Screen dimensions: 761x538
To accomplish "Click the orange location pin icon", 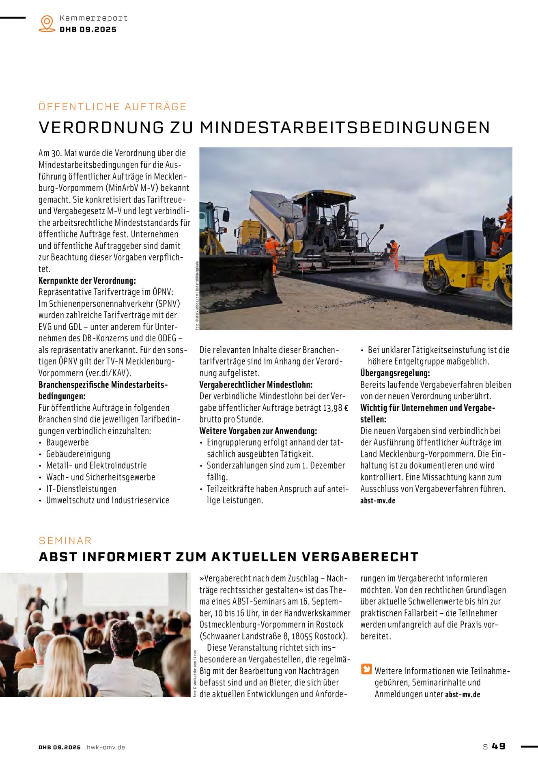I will pos(47,24).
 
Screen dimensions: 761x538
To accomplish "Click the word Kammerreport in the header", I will pos(93,18).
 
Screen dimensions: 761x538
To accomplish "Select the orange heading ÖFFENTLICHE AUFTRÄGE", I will pos(112,107).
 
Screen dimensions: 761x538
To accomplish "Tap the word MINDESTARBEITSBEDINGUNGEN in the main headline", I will pos(345,127).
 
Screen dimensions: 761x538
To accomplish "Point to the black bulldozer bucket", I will pos(239,280).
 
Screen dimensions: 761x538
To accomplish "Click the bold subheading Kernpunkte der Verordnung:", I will pos(87,280).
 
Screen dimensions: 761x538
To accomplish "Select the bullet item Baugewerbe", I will pos(67,442).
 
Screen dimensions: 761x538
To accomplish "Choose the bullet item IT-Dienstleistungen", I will pos(81,489).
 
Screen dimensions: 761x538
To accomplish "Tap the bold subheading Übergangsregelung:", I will pos(395,373).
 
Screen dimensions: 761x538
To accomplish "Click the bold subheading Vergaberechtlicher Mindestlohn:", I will pos(256,385).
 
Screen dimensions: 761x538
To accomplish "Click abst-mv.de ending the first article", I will pos(378,500).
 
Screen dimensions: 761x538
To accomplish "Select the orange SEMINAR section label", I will pos(65,541).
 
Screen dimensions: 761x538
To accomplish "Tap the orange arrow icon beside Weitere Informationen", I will pos(366,669).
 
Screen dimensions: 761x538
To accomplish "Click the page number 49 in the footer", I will pos(499,746).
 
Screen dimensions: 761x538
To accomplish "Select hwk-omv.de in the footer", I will pos(106,747).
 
